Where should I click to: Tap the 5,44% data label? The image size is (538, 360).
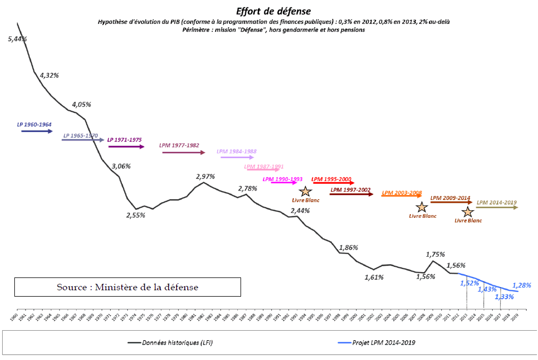tap(18, 39)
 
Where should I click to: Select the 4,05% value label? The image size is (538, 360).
tap(81, 104)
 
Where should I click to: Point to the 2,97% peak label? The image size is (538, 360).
tap(205, 176)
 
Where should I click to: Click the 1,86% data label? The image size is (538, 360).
tap(349, 248)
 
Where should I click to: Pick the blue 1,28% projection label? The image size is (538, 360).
tap(522, 285)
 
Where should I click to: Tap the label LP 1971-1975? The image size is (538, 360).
tap(125, 140)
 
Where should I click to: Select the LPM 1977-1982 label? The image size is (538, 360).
tap(179, 145)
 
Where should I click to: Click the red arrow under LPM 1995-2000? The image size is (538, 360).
tap(334, 183)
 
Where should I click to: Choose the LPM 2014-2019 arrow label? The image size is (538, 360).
tap(496, 202)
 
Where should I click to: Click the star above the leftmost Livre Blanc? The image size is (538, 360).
tap(305, 192)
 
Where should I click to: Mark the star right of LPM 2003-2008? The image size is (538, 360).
tap(421, 208)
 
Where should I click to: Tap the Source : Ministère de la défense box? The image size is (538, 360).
tap(128, 287)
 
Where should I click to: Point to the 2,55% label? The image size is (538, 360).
tap(136, 216)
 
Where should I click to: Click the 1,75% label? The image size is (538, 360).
tap(435, 254)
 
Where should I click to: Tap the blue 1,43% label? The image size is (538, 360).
tap(487, 289)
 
